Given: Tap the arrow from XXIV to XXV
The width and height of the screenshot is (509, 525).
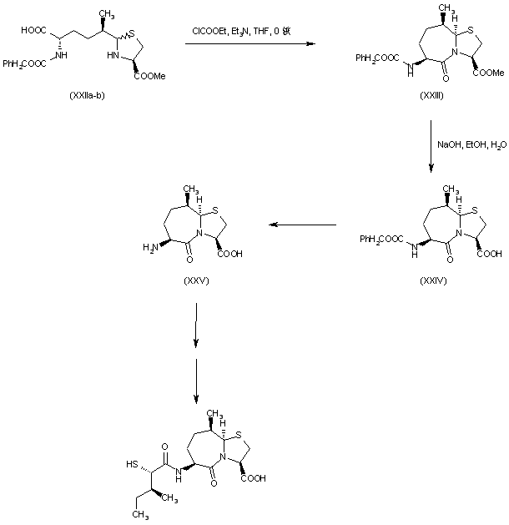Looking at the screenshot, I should (x=300, y=225).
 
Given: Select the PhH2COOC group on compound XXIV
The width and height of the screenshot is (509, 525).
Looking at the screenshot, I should (x=382, y=239).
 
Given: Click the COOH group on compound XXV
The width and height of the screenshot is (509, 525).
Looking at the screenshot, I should (x=246, y=256).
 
